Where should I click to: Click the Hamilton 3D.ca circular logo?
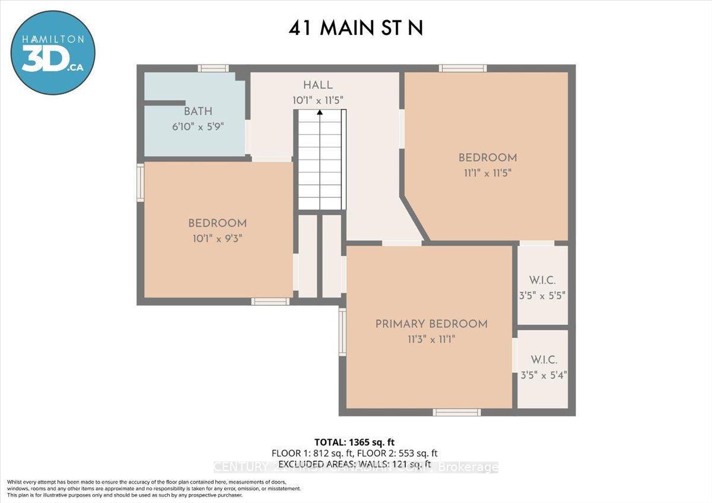pos(52,52)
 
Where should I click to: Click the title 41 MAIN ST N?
pos(356,28)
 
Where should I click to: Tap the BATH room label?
pos(198,111)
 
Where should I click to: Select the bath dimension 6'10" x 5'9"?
pos(198,126)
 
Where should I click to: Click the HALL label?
pos(318,85)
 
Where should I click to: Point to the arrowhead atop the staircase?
pos(320,112)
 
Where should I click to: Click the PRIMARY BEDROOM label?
pos(431,324)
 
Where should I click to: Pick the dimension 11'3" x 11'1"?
pos(431,339)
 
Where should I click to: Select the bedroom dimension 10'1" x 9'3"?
pos(217,238)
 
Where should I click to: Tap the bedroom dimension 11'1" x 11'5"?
pos(487,173)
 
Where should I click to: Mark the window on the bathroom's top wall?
pos(213,68)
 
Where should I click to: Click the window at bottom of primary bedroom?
pos(456,412)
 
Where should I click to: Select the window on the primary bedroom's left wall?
pos(342,332)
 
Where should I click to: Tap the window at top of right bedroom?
pos(463,68)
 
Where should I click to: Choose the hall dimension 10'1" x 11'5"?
pos(318,101)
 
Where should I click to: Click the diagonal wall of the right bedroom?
pos(414,219)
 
